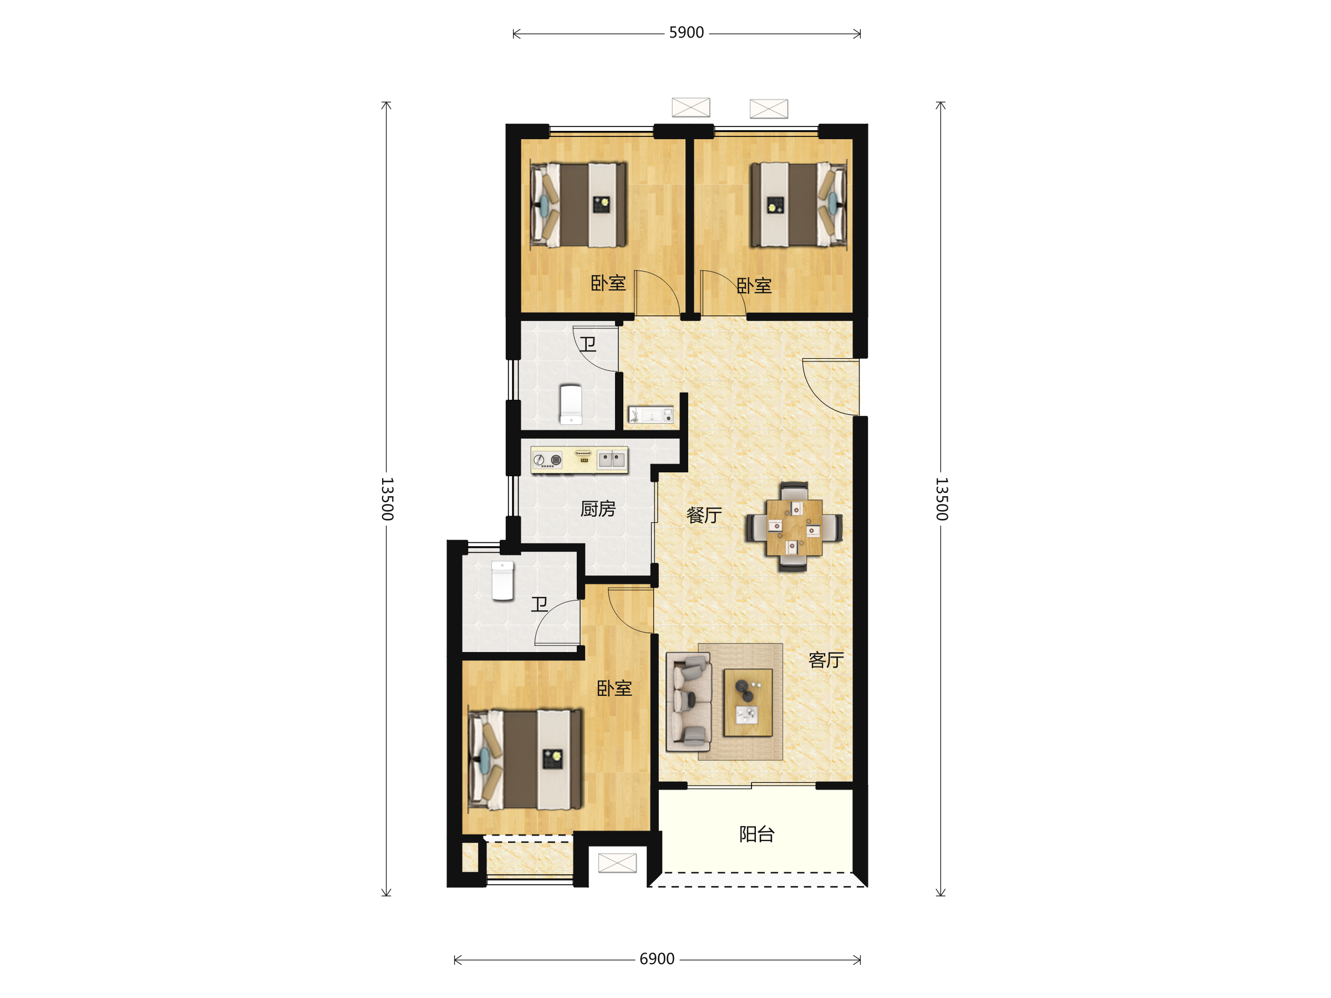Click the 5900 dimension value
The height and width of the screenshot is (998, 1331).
click(686, 33)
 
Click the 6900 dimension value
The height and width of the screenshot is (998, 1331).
click(657, 959)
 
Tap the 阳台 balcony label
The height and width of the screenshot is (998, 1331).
click(756, 834)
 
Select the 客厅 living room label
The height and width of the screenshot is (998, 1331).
click(826, 660)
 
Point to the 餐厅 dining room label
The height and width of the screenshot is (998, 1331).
click(704, 515)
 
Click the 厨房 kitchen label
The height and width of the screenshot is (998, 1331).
click(597, 509)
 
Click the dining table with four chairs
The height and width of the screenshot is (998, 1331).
click(794, 527)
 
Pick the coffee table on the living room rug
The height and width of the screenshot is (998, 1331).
click(748, 702)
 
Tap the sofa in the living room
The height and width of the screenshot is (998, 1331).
click(688, 702)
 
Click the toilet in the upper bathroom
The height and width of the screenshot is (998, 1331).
click(571, 404)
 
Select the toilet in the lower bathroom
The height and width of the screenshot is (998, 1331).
click(502, 581)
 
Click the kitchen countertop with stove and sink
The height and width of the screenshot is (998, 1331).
click(580, 460)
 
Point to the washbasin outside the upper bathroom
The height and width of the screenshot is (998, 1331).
click(651, 415)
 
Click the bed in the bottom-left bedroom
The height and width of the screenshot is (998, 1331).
click(525, 759)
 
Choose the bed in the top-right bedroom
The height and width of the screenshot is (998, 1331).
click(798, 205)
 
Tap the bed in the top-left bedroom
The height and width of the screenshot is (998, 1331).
click(578, 205)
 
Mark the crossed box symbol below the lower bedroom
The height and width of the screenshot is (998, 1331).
click(617, 863)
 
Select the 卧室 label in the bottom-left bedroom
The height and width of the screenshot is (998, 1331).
click(614, 688)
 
